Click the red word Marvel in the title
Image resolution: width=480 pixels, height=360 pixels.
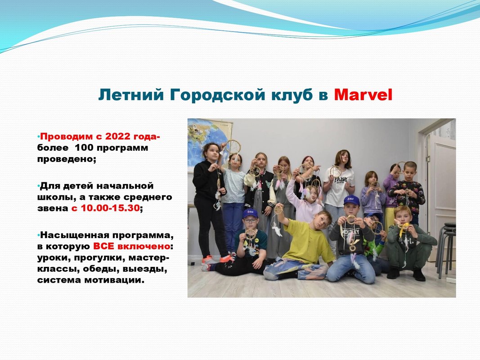363,94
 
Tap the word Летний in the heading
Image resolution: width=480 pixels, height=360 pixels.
131,94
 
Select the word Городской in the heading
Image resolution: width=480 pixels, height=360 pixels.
218,95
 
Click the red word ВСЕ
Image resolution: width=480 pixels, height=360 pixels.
104,246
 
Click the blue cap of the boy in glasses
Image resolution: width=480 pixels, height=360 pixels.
250,213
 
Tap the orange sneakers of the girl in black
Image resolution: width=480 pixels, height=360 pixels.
216,260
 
